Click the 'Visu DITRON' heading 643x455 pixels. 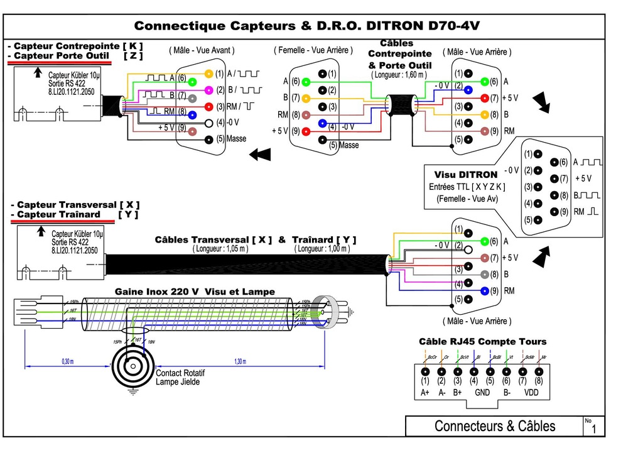(x=465, y=175)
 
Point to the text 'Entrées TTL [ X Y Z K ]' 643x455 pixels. (x=467, y=187)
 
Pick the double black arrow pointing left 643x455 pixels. (x=260, y=154)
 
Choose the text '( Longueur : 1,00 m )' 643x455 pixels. (x=321, y=249)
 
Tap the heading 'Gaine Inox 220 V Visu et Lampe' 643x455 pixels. (x=194, y=292)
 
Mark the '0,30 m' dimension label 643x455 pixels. (x=67, y=362)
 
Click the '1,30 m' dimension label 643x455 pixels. (x=240, y=362)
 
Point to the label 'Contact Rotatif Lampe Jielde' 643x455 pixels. (x=180, y=377)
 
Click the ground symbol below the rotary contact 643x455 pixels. (x=132, y=392)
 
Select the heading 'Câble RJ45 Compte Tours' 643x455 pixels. (x=482, y=342)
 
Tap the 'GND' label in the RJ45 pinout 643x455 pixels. (x=482, y=393)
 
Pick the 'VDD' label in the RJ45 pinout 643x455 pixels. (x=531, y=393)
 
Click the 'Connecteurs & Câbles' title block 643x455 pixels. (x=494, y=426)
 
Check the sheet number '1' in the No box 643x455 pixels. (x=593, y=430)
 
